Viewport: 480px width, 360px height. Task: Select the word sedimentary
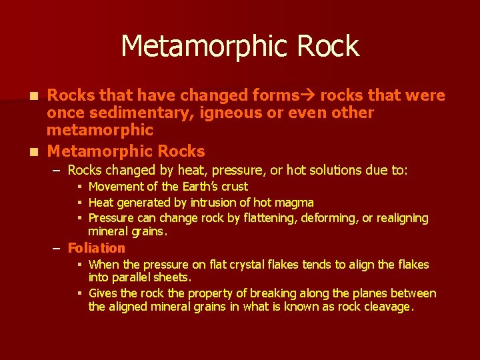pos(133,113)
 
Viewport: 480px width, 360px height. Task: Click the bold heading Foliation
pos(97,248)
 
